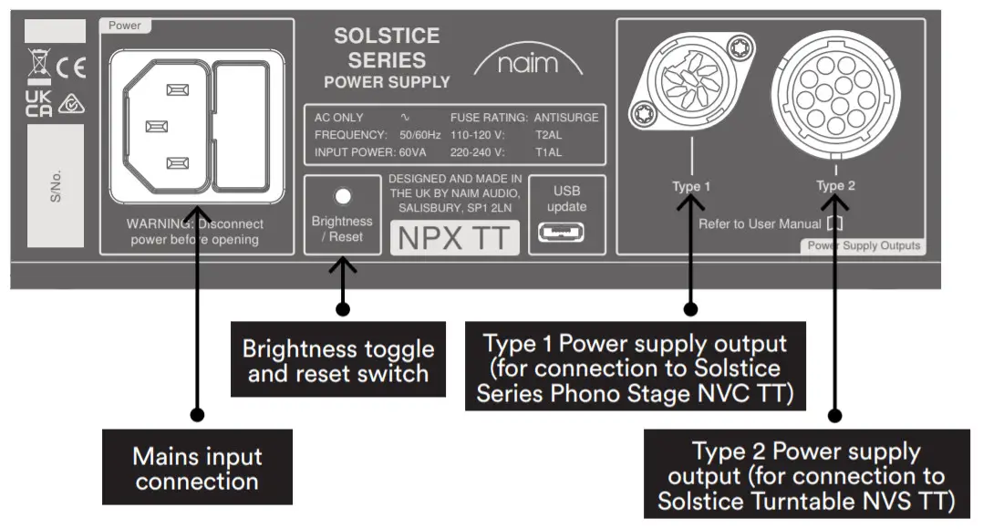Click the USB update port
pyautogui.click(x=554, y=232)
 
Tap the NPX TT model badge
pyautogui.click(x=454, y=238)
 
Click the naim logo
pyautogui.click(x=528, y=65)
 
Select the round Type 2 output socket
pyautogui.click(x=831, y=95)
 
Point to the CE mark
pyautogui.click(x=70, y=67)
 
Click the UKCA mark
pyautogui.click(x=39, y=104)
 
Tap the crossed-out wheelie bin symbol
pyautogui.click(x=39, y=66)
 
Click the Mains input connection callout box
pyautogui.click(x=197, y=469)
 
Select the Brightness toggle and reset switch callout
pyautogui.click(x=337, y=361)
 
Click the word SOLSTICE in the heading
pyautogui.click(x=387, y=36)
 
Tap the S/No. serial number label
pyautogui.click(x=56, y=186)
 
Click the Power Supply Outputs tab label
pyautogui.click(x=864, y=245)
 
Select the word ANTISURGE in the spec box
pyautogui.click(x=566, y=118)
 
